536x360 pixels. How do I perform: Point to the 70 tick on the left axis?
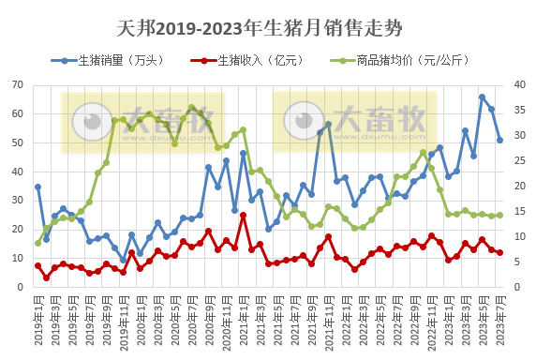point(17,85)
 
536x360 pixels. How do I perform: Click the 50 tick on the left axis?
point(17,142)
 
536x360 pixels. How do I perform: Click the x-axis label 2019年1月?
point(37,321)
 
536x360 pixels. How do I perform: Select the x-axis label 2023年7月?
point(499,321)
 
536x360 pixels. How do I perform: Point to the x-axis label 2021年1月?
point(243,321)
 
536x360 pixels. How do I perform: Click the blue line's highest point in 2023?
point(483,97)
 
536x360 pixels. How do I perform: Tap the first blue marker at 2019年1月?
point(37,187)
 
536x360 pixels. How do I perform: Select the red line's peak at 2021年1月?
point(243,216)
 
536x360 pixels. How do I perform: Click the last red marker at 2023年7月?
point(499,252)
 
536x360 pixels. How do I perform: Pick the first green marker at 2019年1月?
point(37,243)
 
